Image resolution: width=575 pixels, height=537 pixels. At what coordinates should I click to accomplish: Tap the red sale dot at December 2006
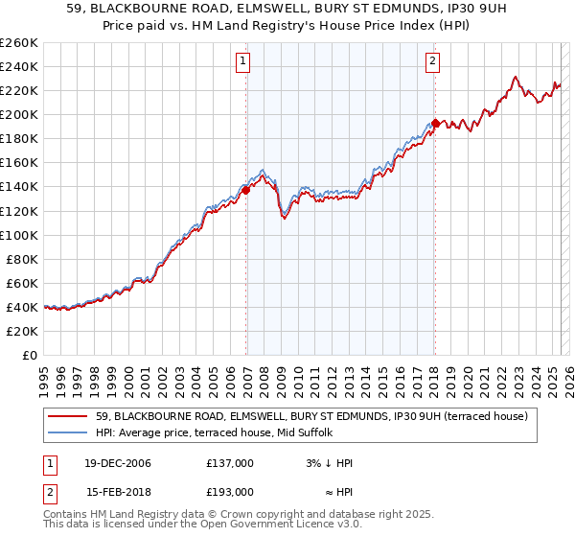click(x=246, y=190)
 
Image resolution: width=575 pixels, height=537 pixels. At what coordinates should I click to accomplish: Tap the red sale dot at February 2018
click(x=435, y=123)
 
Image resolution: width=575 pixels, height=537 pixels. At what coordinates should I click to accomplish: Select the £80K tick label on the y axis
click(x=21, y=259)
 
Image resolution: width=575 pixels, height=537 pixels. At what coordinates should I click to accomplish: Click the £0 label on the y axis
click(x=31, y=355)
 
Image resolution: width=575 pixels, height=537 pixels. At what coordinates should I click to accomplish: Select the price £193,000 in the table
click(x=230, y=491)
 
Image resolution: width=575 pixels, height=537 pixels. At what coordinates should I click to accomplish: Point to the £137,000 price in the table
click(x=230, y=463)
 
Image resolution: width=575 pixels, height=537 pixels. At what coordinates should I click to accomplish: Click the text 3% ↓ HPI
click(x=330, y=463)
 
